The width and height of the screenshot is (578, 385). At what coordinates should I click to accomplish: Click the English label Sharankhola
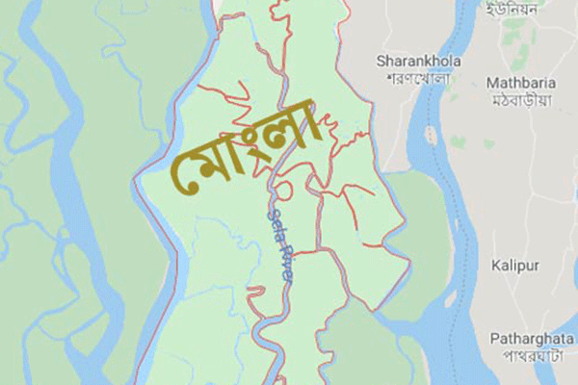pos(418,61)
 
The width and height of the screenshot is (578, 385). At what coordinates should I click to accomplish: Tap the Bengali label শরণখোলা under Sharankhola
pos(418,77)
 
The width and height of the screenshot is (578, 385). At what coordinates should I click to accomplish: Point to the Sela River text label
pos(282,247)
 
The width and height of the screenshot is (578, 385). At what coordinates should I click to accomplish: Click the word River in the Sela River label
pos(287,265)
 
